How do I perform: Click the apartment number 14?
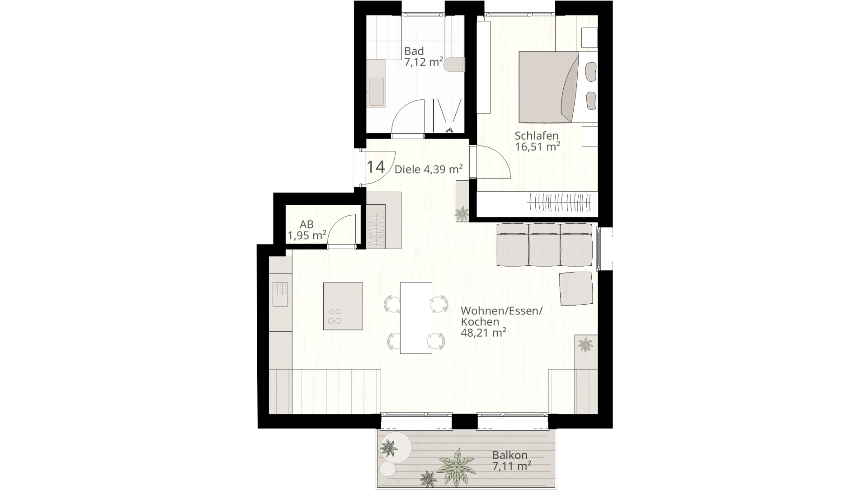pyautogui.click(x=375, y=167)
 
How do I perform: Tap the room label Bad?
pyautogui.click(x=414, y=51)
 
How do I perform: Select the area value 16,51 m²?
pyautogui.click(x=538, y=146)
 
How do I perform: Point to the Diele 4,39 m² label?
pyautogui.click(x=429, y=170)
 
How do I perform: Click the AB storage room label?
pyautogui.click(x=307, y=225)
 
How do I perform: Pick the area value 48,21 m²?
pyautogui.click(x=483, y=333)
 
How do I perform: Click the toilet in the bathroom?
pyautogui.click(x=454, y=65)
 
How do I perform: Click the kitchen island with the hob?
pyautogui.click(x=343, y=306)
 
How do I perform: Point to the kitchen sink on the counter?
pyautogui.click(x=280, y=294)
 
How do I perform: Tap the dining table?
pyautogui.click(x=416, y=318)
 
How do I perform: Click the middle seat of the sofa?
pyautogui.click(x=544, y=245)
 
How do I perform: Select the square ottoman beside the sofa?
pyautogui.click(x=576, y=288)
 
